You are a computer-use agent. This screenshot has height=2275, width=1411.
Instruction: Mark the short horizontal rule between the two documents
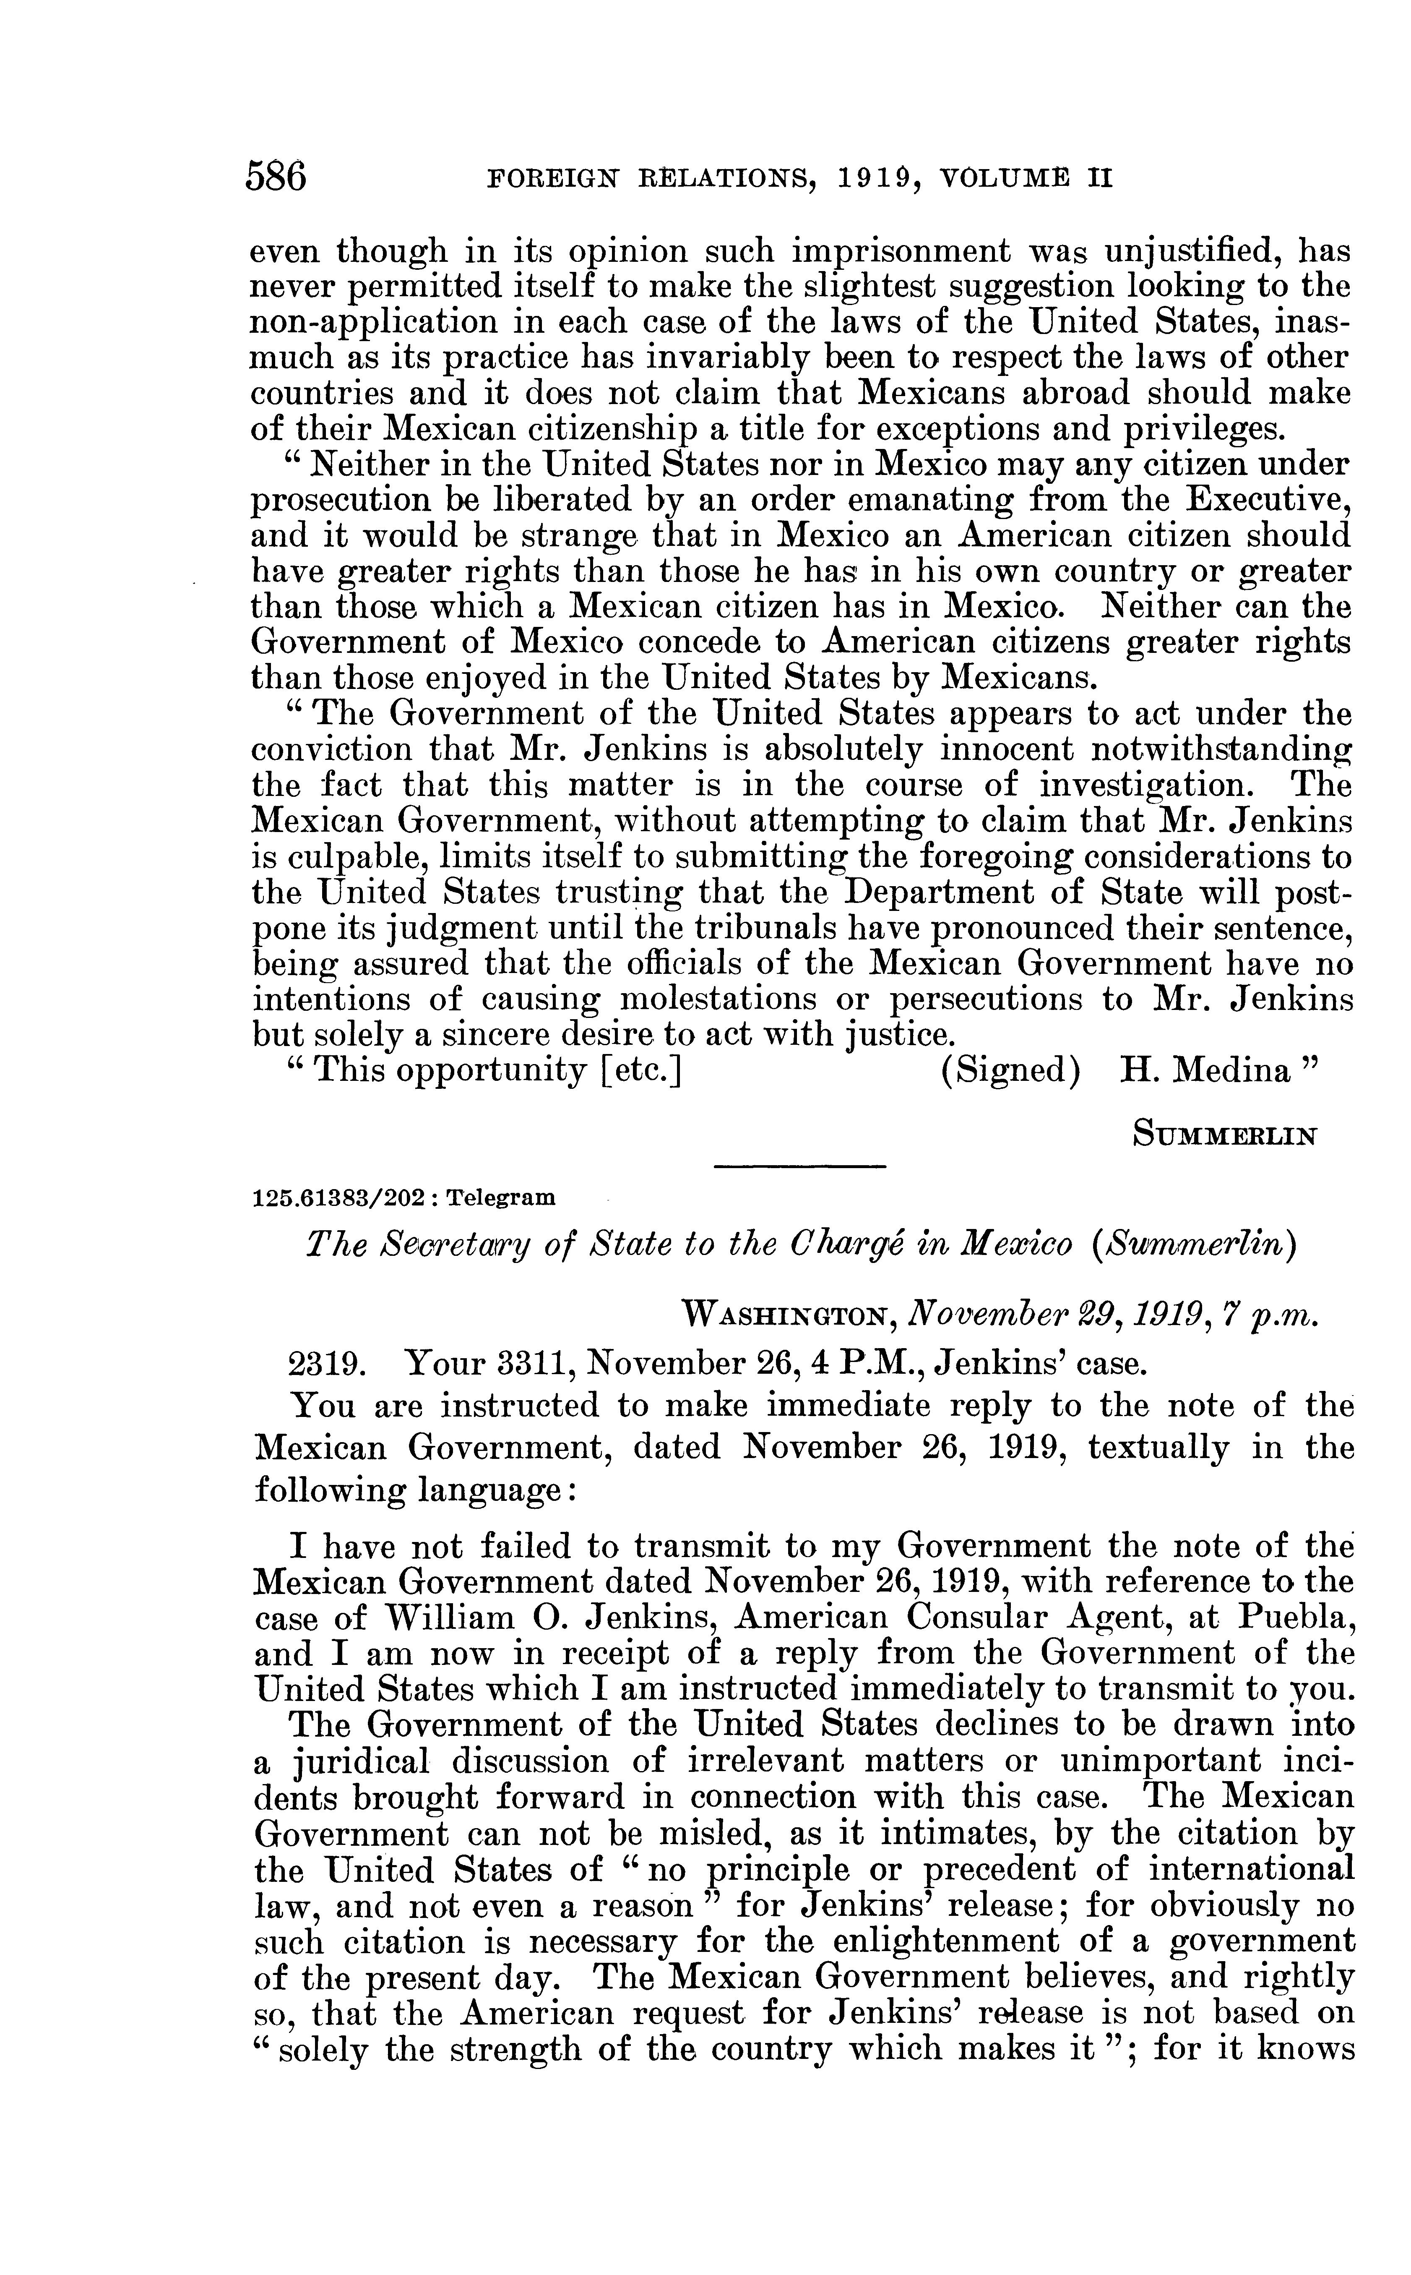coord(799,1167)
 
